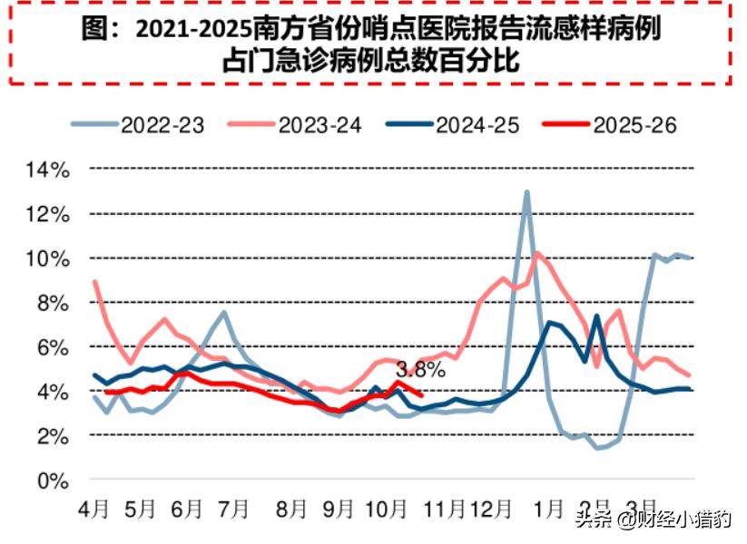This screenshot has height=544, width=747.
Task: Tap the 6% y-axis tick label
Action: pos(53,347)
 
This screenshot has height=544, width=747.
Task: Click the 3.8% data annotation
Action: pos(420,369)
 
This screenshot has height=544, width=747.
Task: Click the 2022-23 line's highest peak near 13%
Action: pos(526,192)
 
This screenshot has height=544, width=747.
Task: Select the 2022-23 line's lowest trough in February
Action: pos(599,448)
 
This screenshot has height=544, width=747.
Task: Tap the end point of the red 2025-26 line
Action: pos(421,394)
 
